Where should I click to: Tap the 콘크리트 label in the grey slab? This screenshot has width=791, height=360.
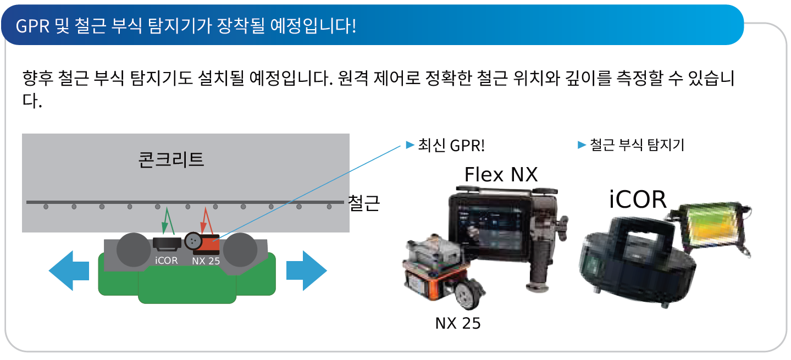171,159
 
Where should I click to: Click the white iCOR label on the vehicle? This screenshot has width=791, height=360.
166,261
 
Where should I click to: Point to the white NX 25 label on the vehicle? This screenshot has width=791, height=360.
206,261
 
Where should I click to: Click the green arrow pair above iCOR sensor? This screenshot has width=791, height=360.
168,221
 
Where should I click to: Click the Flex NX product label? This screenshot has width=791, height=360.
501,174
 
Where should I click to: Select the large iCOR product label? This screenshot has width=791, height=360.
638,200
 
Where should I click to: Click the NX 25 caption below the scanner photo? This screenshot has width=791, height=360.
458,323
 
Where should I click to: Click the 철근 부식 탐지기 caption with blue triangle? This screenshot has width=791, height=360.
637,146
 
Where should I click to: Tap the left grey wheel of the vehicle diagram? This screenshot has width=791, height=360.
132,251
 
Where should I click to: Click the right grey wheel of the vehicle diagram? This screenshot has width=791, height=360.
240,251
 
